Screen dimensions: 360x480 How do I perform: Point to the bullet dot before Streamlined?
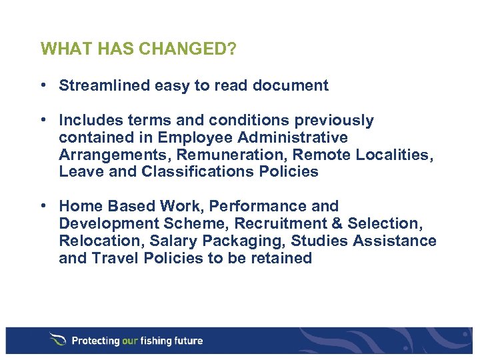42,85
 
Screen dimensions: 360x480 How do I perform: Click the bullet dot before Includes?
42,120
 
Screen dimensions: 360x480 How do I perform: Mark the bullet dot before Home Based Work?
42,206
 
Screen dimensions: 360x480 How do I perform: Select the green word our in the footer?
130,341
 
